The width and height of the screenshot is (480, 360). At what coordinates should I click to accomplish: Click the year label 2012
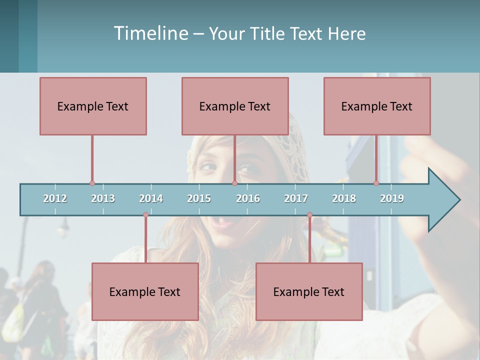point(55,198)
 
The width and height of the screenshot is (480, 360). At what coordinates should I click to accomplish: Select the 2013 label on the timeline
point(103,198)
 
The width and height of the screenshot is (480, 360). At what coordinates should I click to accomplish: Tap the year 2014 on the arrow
point(151,198)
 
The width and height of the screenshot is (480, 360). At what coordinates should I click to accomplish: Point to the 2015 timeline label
point(199,198)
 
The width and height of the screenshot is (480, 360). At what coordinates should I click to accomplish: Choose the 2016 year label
point(248,198)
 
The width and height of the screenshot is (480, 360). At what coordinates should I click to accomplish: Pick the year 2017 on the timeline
point(296,198)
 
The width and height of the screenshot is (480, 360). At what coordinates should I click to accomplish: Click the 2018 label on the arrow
point(344,198)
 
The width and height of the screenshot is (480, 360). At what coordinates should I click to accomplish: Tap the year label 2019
point(392,198)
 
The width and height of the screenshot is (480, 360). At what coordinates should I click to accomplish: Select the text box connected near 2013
point(93,106)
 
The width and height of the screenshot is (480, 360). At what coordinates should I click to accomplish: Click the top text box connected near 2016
point(235,106)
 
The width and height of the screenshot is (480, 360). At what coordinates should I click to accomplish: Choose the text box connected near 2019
point(377,106)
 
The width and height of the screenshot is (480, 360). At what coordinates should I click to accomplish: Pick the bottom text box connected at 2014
point(145,291)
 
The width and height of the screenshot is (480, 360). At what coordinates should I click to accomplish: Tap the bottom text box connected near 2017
point(309,291)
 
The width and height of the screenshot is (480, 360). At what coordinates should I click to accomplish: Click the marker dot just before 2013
point(92,183)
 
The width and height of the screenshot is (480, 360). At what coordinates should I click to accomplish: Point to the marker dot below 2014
point(145,215)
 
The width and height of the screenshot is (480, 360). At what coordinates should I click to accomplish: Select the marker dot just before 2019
point(376,183)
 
